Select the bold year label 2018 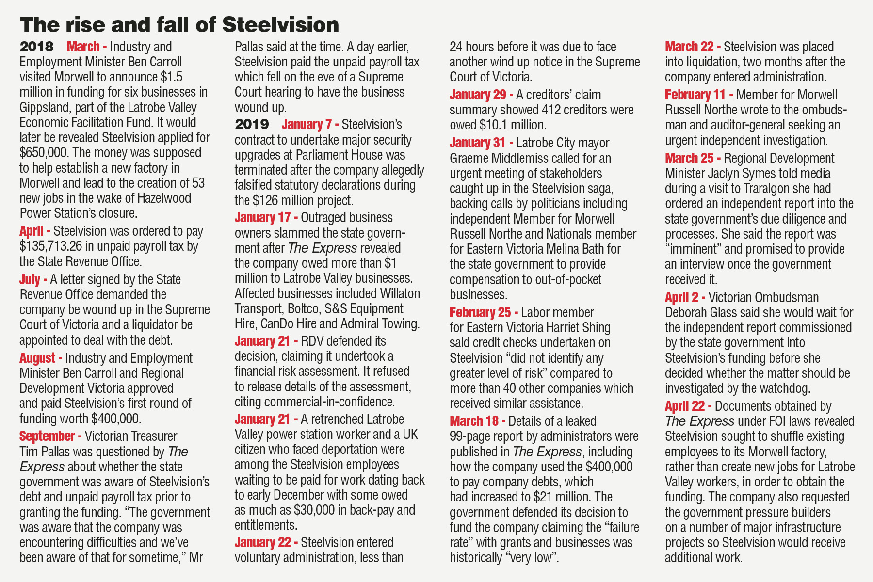click(x=36, y=47)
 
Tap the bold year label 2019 click(x=252, y=124)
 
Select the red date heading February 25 click(x=483, y=312)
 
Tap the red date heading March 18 click(x=477, y=421)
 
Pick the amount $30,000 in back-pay click(x=314, y=510)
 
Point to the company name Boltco click(x=304, y=308)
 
